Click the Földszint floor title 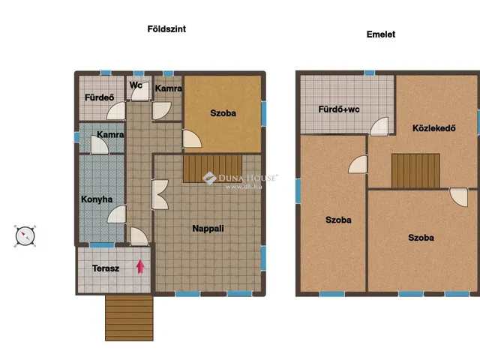[x=166, y=29]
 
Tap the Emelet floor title [x=381, y=34]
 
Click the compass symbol [x=25, y=236]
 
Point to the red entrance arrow [x=140, y=267]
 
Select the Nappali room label [x=208, y=228]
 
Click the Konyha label [x=97, y=199]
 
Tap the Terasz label [x=106, y=268]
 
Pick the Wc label [x=136, y=85]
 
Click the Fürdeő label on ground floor [x=99, y=97]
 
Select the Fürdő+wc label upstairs [x=339, y=109]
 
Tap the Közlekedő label [x=433, y=128]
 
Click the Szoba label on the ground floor [x=223, y=113]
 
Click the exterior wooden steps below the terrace [x=129, y=318]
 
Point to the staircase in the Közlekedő [x=415, y=170]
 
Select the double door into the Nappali [x=160, y=194]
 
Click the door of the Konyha [x=117, y=214]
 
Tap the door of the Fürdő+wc [x=379, y=126]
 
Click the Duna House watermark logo [x=209, y=178]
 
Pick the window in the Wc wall [x=139, y=73]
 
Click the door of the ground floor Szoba [x=192, y=139]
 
